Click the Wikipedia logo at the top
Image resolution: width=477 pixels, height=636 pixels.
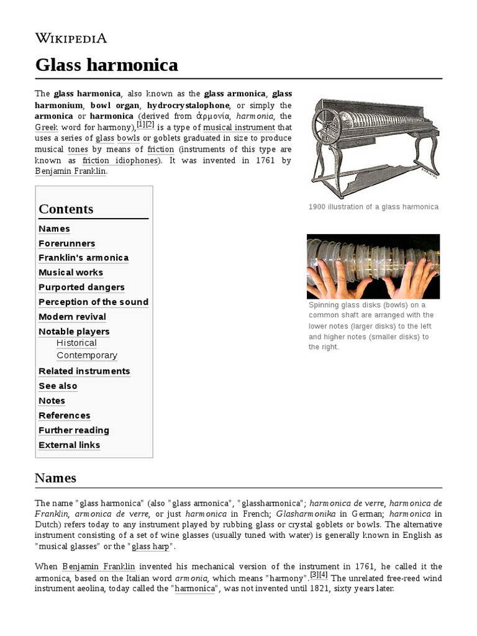pos(71,39)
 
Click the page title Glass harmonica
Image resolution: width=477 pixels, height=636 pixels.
pos(106,65)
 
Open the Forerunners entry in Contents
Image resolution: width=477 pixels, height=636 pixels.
pos(66,243)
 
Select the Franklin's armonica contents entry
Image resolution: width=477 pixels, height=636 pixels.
pos(83,258)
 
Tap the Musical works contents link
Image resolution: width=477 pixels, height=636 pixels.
pos(71,273)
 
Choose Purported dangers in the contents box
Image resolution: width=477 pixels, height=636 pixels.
pos(81,288)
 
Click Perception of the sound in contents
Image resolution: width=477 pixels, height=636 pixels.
pos(93,302)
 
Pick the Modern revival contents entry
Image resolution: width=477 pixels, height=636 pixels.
pos(72,317)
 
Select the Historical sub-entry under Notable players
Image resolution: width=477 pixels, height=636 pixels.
pos(76,343)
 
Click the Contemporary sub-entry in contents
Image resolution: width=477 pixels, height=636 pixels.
pos(86,356)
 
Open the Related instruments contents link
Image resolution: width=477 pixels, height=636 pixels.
pos(84,371)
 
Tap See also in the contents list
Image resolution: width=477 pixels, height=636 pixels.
pos(58,386)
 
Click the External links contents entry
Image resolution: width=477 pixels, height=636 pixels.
pos(69,445)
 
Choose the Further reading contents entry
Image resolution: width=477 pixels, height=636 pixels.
pos(73,430)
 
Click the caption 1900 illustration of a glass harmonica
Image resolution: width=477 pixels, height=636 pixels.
pos(373,207)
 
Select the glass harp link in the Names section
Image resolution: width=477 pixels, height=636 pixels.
pos(150,547)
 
